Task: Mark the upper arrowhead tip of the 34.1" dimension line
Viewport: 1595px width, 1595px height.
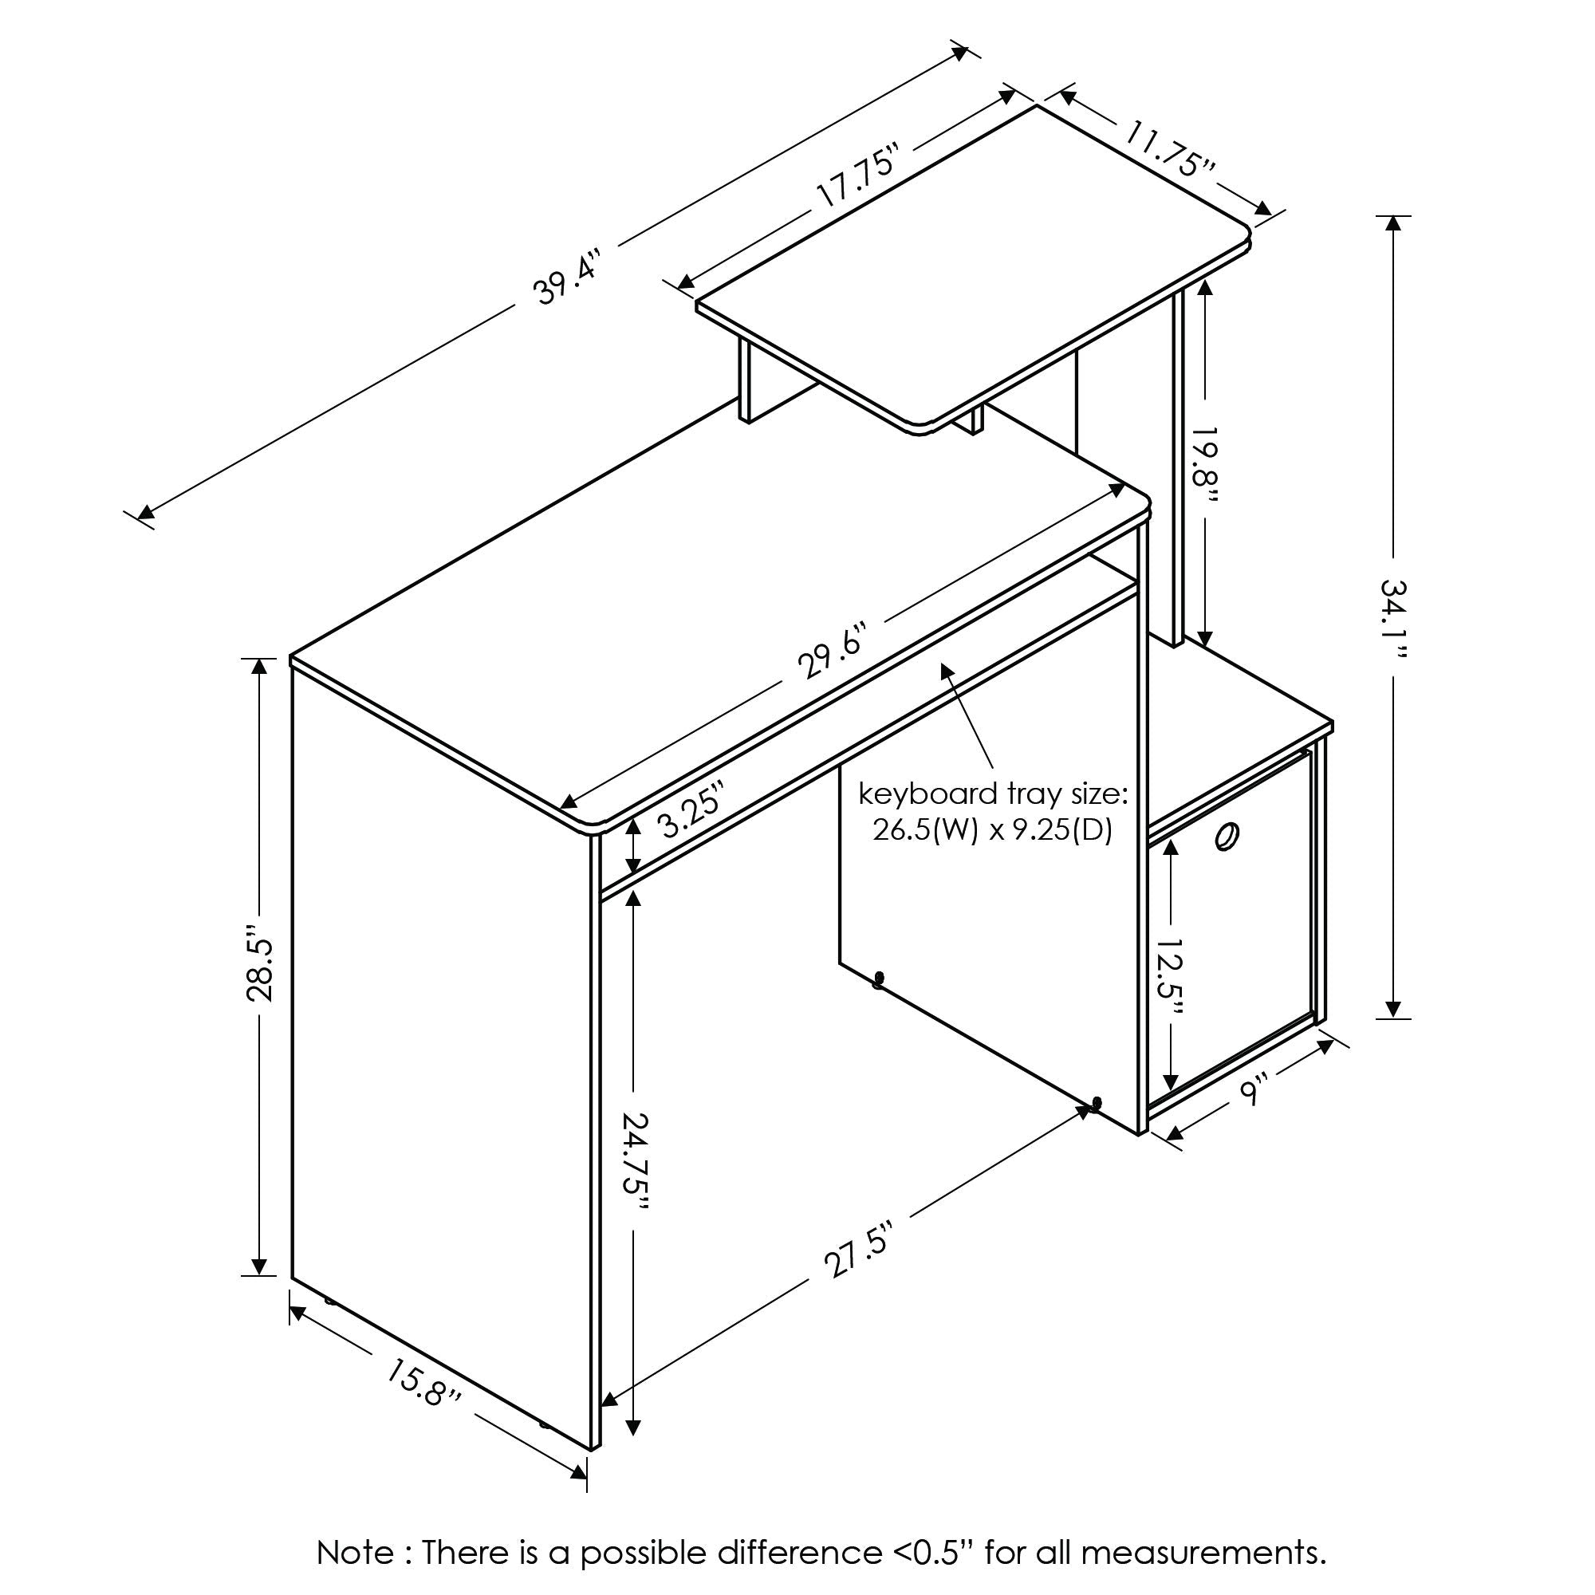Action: [x=1393, y=216]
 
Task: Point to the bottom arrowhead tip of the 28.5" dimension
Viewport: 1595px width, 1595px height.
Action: [x=259, y=1275]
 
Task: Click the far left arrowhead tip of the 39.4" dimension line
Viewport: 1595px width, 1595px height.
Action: [x=138, y=518]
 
